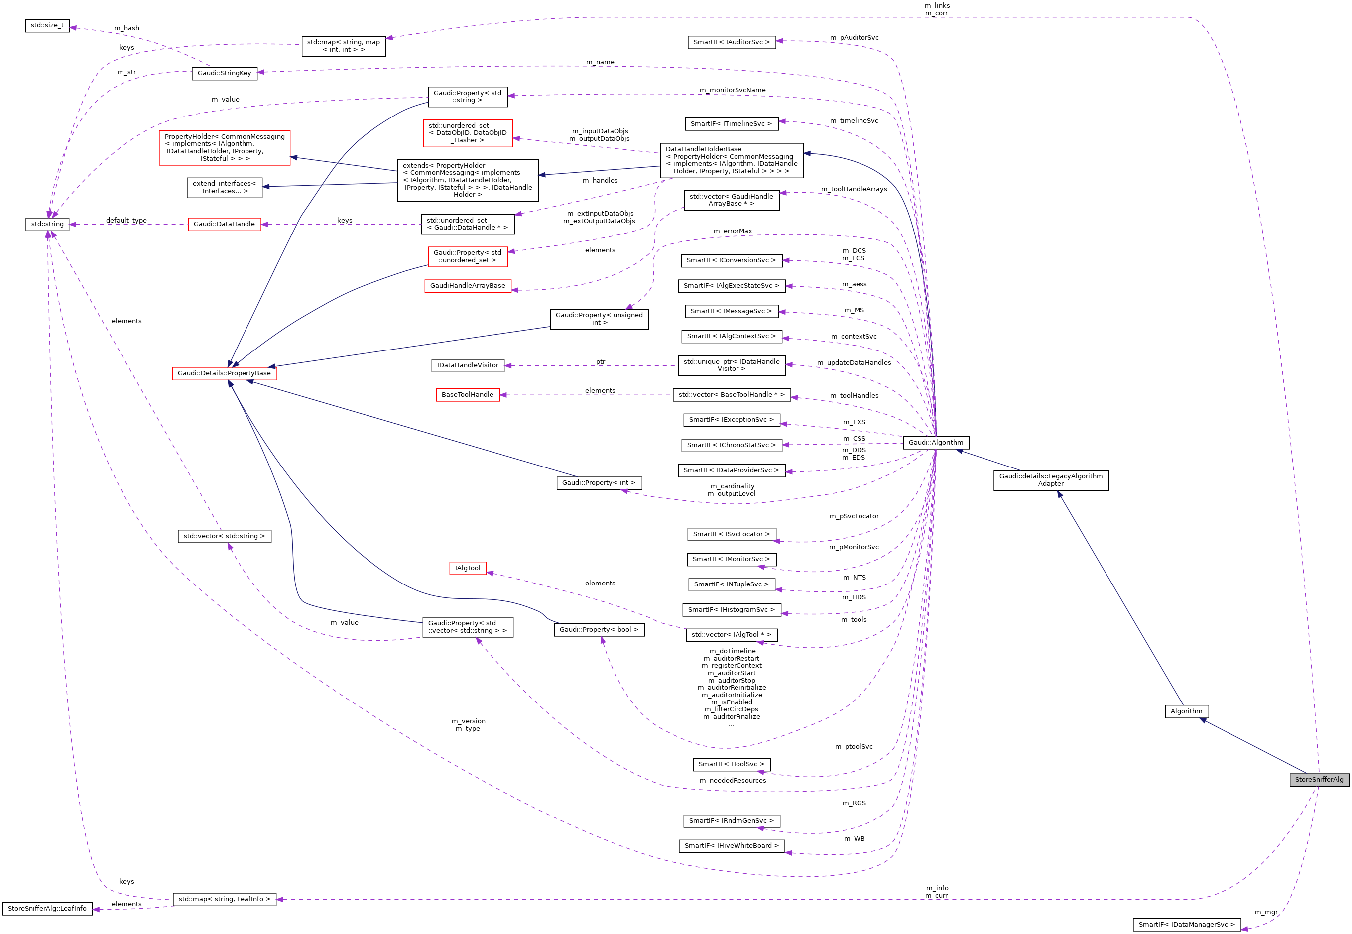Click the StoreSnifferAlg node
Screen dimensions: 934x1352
(x=1319, y=780)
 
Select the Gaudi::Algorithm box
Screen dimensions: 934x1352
(x=935, y=443)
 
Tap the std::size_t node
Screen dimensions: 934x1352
(x=47, y=26)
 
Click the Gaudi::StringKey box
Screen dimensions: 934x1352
(x=224, y=73)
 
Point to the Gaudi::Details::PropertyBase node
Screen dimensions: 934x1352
(x=224, y=373)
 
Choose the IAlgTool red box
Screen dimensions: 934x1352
(x=467, y=568)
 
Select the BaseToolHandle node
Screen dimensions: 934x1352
(x=467, y=395)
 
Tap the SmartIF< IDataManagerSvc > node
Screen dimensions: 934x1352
(x=1186, y=925)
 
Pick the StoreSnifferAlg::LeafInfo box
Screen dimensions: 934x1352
(x=47, y=909)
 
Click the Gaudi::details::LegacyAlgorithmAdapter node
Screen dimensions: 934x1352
(x=1051, y=480)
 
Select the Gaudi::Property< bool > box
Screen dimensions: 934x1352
(x=599, y=630)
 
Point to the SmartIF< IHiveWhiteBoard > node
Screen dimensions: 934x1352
(x=732, y=846)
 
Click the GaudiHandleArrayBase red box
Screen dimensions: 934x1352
(x=467, y=286)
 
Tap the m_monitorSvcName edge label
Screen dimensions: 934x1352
(x=732, y=90)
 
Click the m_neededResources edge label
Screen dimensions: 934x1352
(x=732, y=781)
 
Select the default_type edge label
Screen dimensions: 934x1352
(x=126, y=221)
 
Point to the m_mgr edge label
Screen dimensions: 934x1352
(x=1266, y=913)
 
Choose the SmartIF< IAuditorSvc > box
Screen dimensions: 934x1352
(x=732, y=42)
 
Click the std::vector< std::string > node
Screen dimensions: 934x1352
(x=224, y=537)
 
